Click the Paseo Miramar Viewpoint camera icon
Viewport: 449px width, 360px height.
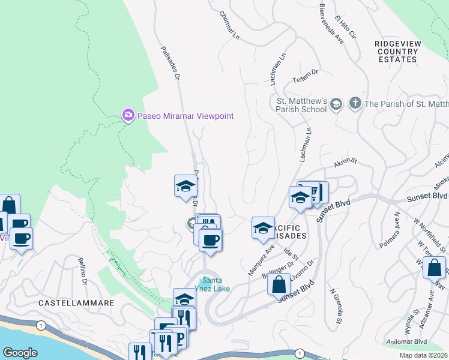click(x=127, y=115)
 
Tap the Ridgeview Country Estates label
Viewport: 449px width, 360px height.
click(x=397, y=52)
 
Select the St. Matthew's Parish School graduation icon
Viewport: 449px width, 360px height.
click(x=336, y=104)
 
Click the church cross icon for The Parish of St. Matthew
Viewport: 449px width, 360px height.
click(x=355, y=104)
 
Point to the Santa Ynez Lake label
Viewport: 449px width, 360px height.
click(x=215, y=284)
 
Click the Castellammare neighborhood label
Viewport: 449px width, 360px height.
click(x=76, y=304)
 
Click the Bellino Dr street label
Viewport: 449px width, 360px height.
click(x=83, y=271)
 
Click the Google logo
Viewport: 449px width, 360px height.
click(x=20, y=353)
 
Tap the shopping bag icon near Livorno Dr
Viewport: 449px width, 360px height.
click(x=279, y=283)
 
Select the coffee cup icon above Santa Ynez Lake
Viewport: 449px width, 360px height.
click(x=210, y=240)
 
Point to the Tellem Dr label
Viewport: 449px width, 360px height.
click(x=305, y=72)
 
